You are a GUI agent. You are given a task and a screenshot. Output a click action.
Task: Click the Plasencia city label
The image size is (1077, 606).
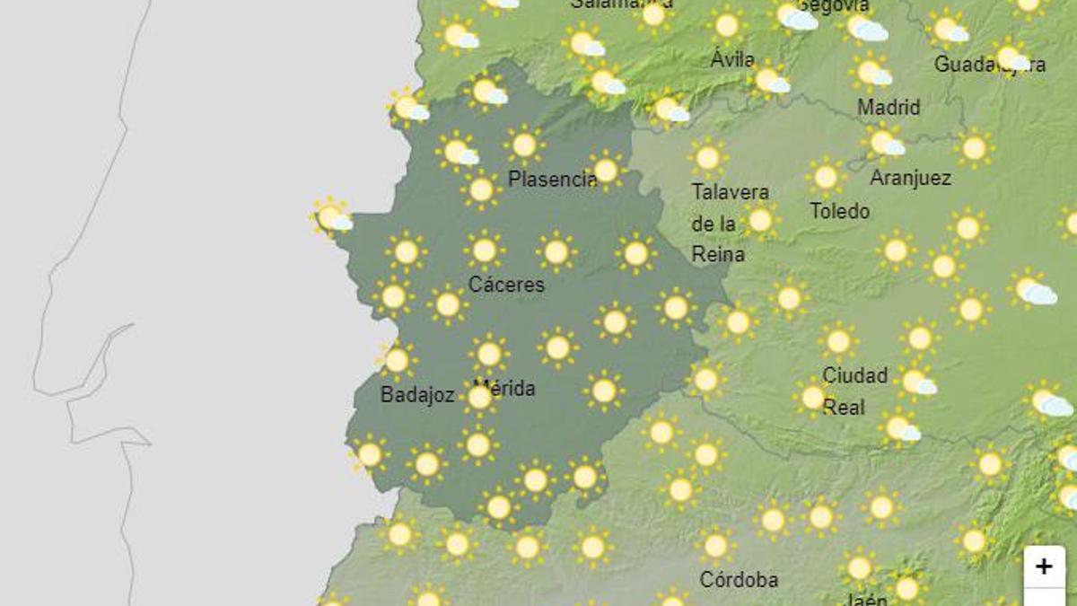552,179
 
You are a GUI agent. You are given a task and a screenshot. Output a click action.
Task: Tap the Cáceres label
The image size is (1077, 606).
506,285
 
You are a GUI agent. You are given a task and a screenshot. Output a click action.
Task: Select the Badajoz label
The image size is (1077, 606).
417,394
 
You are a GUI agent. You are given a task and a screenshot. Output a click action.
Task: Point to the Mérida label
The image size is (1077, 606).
504,389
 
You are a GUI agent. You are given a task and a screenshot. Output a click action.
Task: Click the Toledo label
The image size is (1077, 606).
839,211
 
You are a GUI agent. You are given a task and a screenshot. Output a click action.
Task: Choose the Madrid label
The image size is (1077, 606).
889,108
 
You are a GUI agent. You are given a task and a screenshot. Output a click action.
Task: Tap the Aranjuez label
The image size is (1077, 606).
910,178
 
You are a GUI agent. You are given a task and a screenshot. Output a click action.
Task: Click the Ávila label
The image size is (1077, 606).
732,60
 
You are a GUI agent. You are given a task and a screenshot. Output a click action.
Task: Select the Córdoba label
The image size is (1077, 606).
739,580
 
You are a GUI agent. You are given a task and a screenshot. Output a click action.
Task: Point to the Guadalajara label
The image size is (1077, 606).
989,65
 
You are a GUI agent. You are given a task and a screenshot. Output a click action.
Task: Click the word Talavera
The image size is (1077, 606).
730,192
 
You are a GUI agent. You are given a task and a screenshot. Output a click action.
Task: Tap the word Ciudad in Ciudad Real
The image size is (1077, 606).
854,375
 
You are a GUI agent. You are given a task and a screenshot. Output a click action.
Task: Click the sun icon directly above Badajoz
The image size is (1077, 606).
396,360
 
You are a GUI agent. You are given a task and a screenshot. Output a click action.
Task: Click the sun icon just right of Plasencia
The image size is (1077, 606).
606,169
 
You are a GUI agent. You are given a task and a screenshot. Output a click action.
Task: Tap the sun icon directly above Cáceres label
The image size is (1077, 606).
485,250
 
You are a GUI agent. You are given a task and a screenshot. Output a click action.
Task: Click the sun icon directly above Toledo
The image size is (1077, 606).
825,176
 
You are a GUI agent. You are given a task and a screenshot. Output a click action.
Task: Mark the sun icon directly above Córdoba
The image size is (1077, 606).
715,545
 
